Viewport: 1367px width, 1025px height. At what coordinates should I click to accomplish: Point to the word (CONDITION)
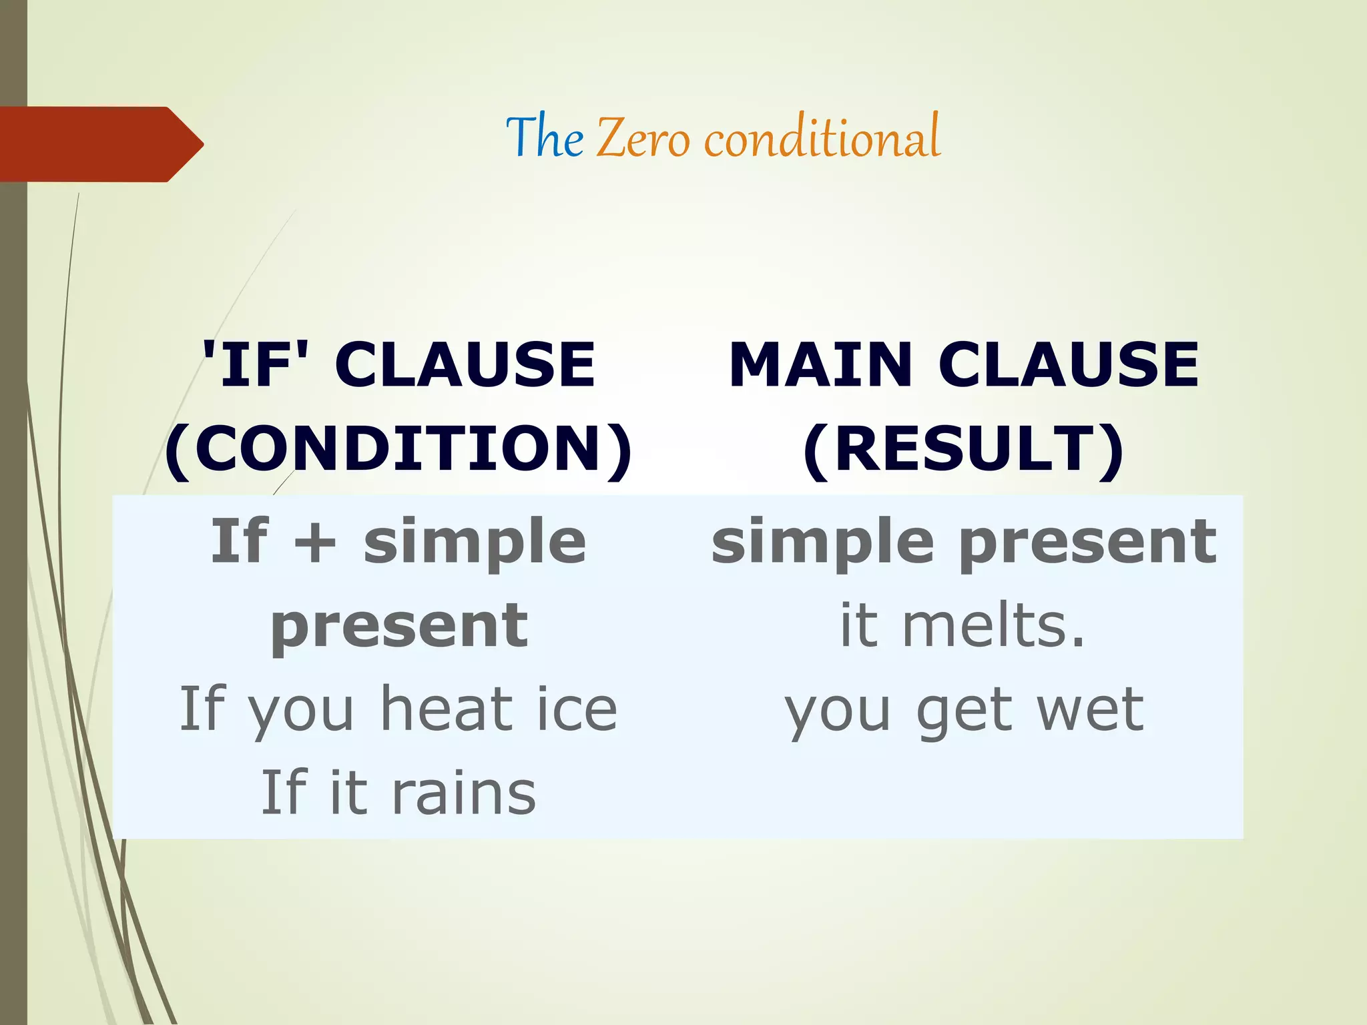[x=398, y=448]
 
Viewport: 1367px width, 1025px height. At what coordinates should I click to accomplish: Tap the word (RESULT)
[x=963, y=448]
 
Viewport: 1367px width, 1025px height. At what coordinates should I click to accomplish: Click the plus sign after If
[x=314, y=542]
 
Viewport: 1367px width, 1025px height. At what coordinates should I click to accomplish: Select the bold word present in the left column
[x=399, y=626]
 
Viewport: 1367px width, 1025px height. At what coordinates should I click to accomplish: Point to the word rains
[x=463, y=793]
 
